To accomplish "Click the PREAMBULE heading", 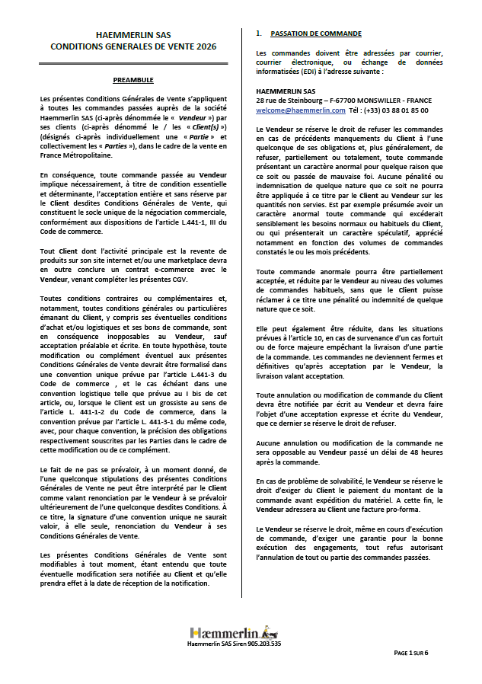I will (133, 79).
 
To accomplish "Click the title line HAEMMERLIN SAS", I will (132, 36).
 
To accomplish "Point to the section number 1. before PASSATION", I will (260, 34).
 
